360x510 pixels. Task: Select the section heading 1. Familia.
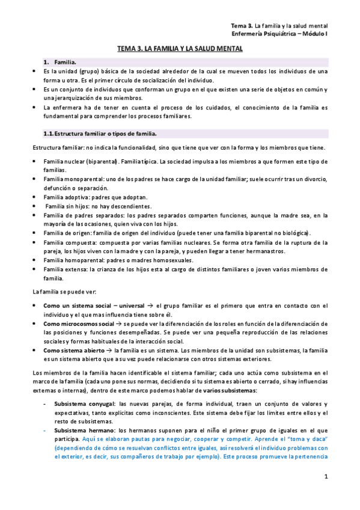[60, 62]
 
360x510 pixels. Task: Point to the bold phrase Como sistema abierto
[70, 350]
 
